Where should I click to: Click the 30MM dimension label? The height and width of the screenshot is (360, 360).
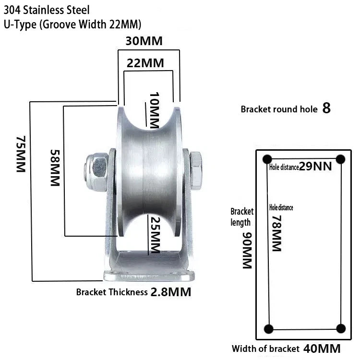pos(144,41)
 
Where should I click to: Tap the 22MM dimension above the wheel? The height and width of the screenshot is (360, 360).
pos(145,63)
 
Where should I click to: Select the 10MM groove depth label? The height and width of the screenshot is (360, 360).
pos(154,110)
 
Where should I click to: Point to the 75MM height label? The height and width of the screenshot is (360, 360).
pos(21,154)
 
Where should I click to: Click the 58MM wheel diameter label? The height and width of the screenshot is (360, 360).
pos(55,168)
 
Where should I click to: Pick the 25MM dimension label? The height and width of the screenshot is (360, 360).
pos(155,235)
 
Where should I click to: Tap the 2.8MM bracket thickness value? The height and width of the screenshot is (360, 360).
pos(171,292)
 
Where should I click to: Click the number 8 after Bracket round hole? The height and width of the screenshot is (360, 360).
pos(326,108)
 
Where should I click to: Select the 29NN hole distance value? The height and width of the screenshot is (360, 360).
pos(315,167)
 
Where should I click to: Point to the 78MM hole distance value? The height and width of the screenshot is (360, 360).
pos(276,233)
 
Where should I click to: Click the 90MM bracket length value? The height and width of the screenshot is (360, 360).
pos(248,251)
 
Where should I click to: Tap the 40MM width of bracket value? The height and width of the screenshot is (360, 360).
pos(322,349)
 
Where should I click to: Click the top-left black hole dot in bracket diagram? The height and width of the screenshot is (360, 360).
pos(267,159)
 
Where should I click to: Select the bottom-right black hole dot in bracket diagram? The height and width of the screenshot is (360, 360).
pos(341,328)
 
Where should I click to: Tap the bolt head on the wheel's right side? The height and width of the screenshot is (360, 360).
pos(196,170)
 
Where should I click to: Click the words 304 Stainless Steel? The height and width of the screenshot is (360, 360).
pos(47,10)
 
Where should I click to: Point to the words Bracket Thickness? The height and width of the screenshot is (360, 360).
pos(112,292)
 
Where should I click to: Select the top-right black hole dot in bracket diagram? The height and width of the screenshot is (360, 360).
pos(340,159)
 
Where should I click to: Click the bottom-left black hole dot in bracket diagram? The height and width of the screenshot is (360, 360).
pos(269,329)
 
